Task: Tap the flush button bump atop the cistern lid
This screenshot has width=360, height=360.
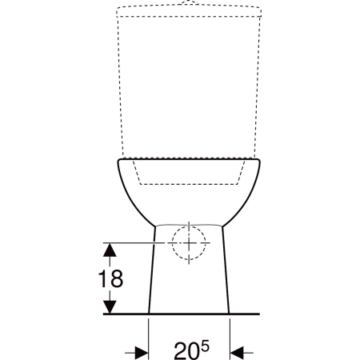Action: pos(190,3)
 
